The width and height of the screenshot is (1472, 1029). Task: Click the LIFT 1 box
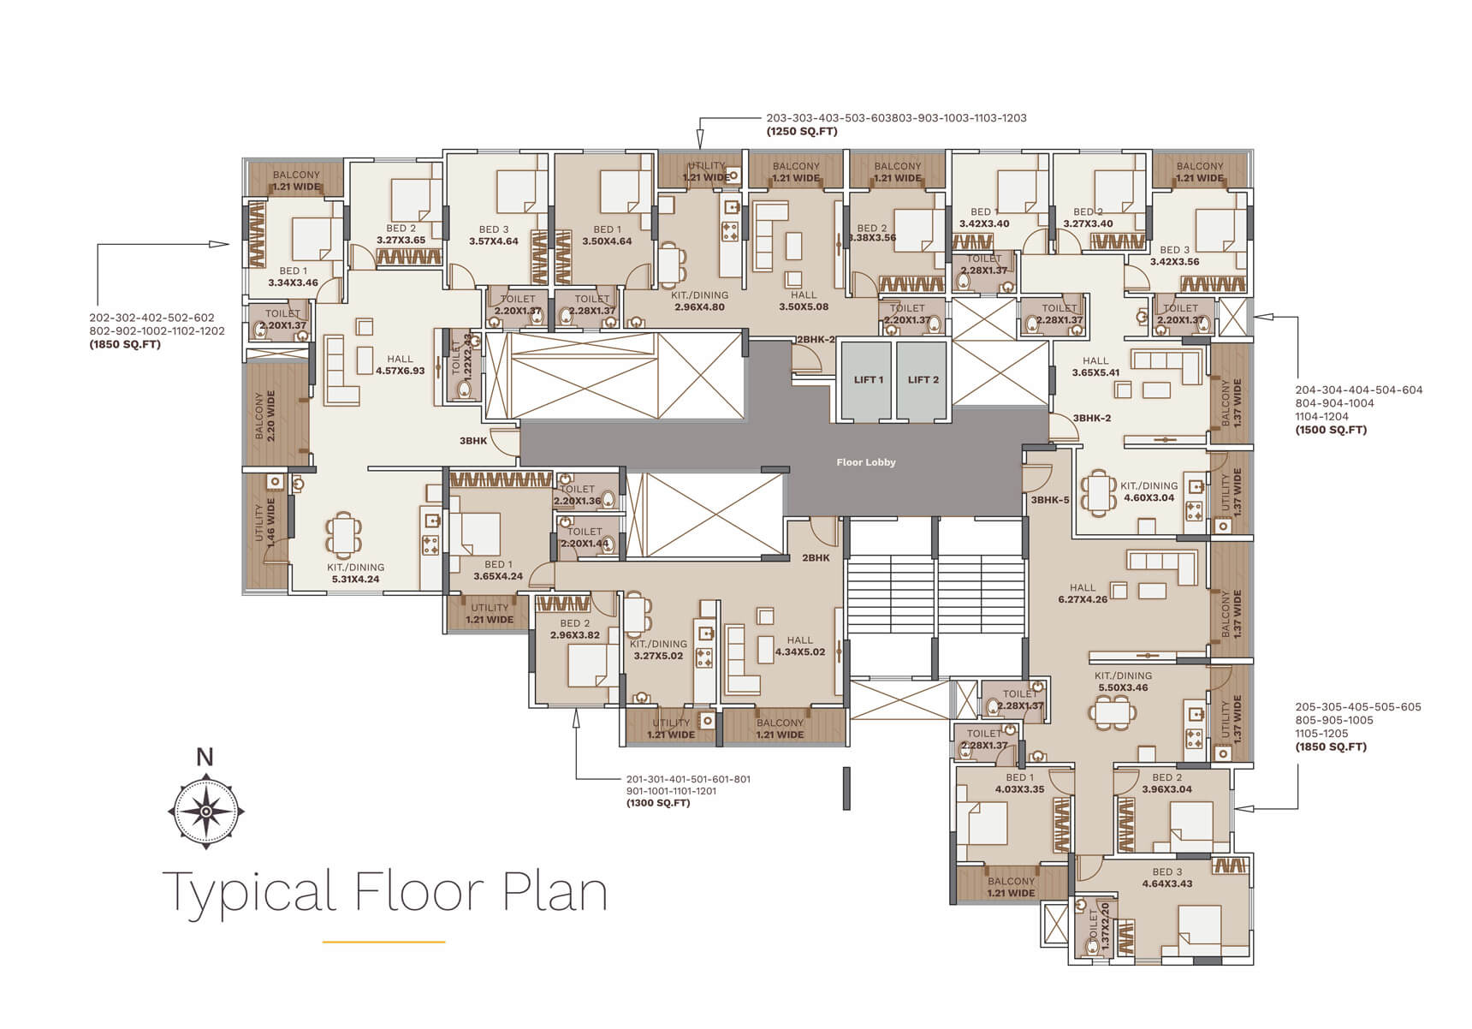pos(868,380)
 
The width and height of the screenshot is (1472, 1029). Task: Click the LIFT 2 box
pos(923,380)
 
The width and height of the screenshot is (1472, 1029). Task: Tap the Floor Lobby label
pos(866,462)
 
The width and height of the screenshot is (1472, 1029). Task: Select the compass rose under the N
pos(205,810)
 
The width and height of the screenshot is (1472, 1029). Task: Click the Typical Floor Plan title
pos(385,892)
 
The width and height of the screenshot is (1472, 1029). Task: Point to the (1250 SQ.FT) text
pos(802,132)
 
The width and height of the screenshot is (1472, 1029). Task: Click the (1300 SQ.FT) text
pos(658,803)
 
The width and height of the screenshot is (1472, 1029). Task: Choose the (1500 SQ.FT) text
pos(1331,430)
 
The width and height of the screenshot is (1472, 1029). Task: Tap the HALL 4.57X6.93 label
pos(400,366)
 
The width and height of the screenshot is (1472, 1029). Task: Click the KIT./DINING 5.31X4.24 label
pos(355,573)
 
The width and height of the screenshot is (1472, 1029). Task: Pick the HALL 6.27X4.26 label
pos(1082,593)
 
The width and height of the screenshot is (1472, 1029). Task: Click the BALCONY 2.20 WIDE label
pos(265,416)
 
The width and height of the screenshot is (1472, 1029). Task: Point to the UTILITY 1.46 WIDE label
pos(265,523)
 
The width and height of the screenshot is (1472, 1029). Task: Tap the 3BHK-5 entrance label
pos(1049,500)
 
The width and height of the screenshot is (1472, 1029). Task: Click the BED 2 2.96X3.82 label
pos(574,629)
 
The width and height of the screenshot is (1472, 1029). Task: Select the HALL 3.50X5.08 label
pos(804,300)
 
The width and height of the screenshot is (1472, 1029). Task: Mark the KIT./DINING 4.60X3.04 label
pos(1149,491)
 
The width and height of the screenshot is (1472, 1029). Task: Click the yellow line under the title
pos(383,942)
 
